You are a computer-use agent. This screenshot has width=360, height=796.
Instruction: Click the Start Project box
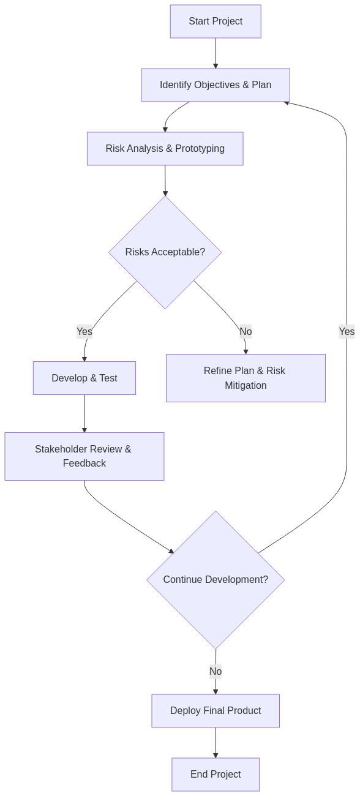coord(216,21)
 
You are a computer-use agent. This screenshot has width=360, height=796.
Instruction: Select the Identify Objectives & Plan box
coord(216,85)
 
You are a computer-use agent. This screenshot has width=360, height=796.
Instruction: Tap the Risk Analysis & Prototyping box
coord(165,149)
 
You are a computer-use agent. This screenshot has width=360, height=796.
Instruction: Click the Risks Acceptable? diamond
coord(165,252)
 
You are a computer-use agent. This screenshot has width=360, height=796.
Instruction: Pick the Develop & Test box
coord(84,378)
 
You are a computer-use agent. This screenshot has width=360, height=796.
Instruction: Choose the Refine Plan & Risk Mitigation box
coord(246,378)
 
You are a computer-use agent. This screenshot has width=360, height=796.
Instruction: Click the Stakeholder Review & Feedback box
coord(84,456)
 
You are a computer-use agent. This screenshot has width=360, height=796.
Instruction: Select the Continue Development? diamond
coord(216,580)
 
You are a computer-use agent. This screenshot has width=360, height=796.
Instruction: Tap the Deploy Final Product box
coord(216,711)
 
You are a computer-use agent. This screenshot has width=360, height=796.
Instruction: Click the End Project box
coord(216,775)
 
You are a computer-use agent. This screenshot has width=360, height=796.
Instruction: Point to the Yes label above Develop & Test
coord(84,331)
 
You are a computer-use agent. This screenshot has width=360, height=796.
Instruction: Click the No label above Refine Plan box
coord(246,331)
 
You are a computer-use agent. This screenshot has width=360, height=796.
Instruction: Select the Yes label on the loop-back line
coord(347,331)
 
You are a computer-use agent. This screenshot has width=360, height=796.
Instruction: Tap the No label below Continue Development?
coord(216,672)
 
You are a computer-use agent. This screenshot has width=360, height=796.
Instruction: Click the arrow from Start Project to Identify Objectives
coord(216,53)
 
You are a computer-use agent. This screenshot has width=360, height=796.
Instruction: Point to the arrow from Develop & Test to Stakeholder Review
coord(84,414)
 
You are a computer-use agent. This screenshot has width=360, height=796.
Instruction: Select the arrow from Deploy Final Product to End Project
coord(216,743)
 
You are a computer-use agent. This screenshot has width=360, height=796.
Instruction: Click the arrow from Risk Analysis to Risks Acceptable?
coord(165,181)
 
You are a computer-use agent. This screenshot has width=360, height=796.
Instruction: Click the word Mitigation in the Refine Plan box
coord(246,386)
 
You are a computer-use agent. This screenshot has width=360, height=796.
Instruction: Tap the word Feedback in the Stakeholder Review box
coord(84,464)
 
